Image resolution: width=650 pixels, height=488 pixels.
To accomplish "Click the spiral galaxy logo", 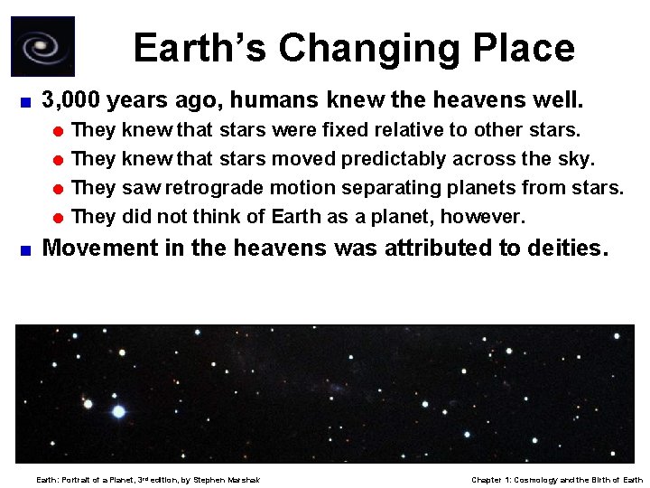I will click(42, 46).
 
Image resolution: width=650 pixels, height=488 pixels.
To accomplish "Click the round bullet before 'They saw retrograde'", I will click(59, 189).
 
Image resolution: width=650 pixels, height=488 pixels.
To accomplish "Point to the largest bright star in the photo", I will click(118, 411).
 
